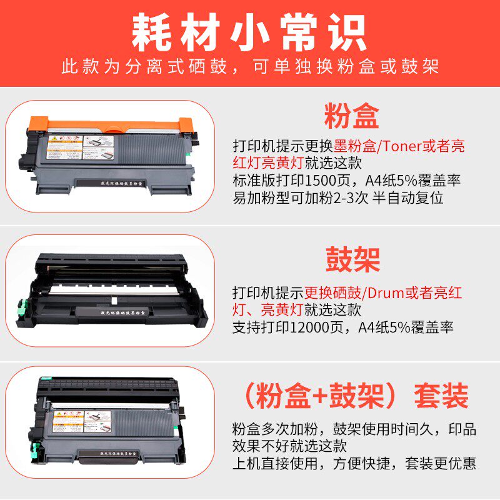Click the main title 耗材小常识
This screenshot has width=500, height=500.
click(x=249, y=31)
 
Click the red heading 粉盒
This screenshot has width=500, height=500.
click(x=351, y=117)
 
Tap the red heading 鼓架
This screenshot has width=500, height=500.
click(x=352, y=259)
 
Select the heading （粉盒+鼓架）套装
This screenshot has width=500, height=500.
click(x=355, y=396)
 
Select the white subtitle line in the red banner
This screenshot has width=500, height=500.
click(x=249, y=67)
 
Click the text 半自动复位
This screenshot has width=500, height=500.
click(x=427, y=197)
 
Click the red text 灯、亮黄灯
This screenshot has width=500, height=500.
click(x=268, y=309)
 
